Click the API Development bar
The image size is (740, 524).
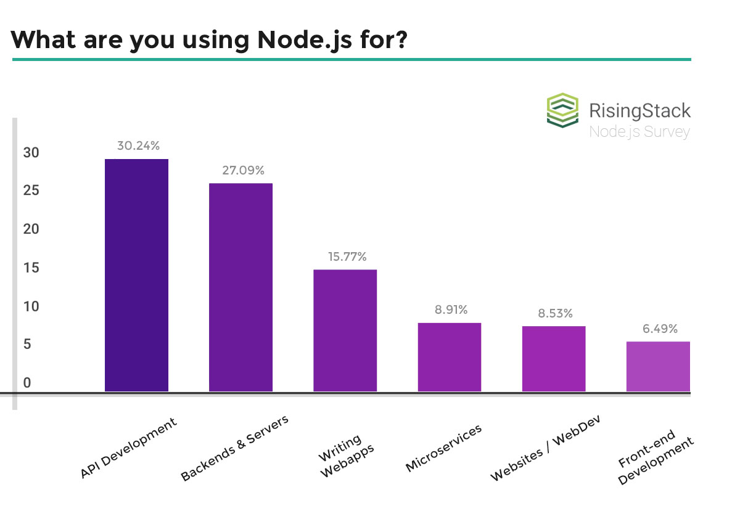click(136, 275)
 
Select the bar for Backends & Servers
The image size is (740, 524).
click(240, 287)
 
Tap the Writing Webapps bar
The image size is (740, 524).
click(345, 330)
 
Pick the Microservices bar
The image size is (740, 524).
click(449, 357)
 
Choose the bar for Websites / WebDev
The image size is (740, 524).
click(553, 359)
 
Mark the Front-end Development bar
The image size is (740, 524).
click(657, 366)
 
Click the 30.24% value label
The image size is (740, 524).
click(138, 146)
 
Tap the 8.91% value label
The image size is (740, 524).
click(451, 309)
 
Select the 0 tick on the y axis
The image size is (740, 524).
click(27, 383)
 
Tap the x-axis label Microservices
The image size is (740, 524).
click(443, 448)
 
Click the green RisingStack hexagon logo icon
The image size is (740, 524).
click(563, 110)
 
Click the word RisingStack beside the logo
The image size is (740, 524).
click(639, 111)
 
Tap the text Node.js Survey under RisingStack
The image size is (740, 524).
click(639, 131)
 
